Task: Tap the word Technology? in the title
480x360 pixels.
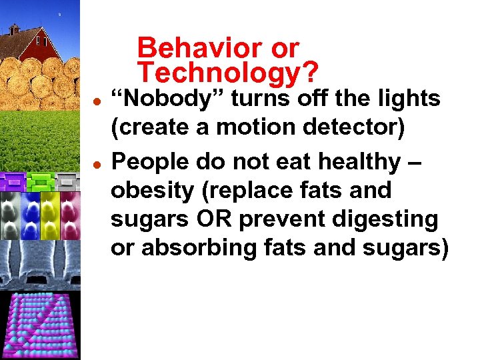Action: pos(227,72)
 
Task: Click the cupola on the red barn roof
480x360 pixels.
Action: pos(14,29)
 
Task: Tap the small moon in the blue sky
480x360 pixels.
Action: pos(59,13)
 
